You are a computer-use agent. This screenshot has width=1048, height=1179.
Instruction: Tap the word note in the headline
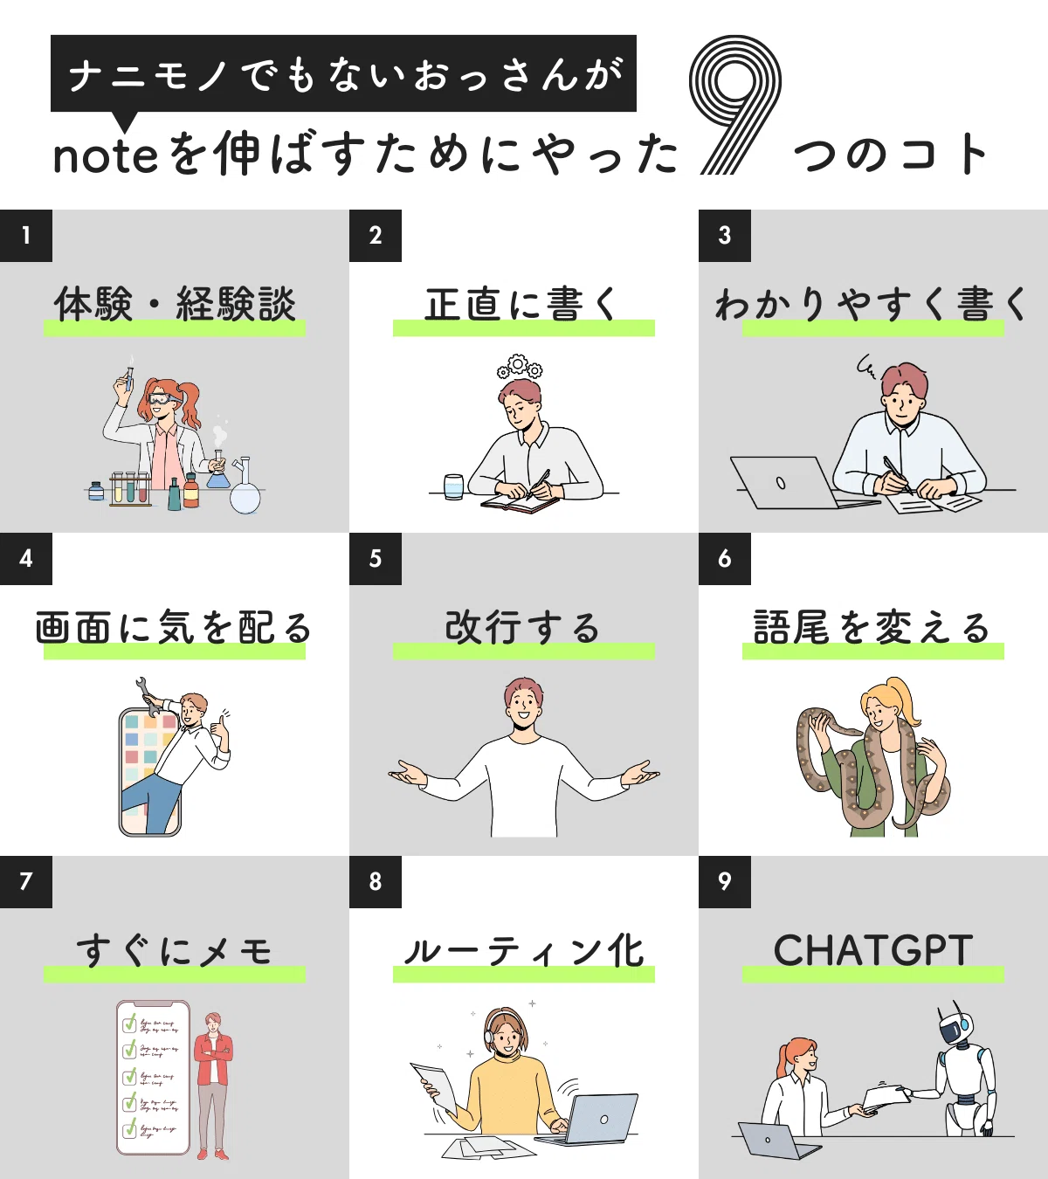(x=106, y=156)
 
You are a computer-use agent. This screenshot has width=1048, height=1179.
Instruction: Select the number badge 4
(x=26, y=559)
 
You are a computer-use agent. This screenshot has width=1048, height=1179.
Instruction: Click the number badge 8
(x=376, y=882)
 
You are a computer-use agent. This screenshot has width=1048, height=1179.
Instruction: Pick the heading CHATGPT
(x=872, y=950)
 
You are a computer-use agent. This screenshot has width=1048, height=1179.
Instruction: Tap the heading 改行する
(x=522, y=627)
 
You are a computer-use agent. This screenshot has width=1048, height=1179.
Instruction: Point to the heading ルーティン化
(x=524, y=951)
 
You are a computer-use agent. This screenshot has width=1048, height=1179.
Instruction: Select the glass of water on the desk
(x=454, y=487)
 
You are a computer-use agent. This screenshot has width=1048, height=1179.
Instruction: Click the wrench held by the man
(x=150, y=697)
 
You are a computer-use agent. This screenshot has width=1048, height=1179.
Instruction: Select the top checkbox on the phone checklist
(x=129, y=1024)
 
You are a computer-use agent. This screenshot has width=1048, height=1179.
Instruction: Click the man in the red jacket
(x=214, y=1086)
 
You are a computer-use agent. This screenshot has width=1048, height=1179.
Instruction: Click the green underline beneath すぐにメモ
(x=175, y=974)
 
